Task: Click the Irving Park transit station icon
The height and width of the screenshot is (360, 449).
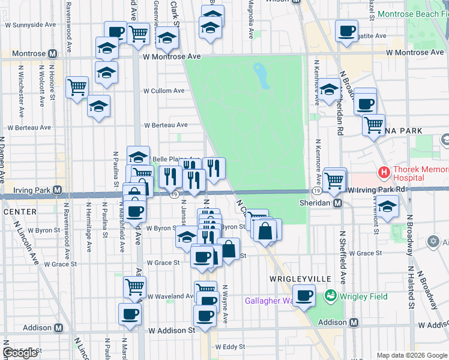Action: pos(57,190)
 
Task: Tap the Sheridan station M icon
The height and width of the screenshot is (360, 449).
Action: pos(337,203)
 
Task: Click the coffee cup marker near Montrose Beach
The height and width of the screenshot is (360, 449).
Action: pos(346,32)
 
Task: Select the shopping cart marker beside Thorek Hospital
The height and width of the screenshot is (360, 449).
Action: pos(334,179)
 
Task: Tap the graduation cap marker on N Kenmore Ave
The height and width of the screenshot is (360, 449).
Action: pos(329,90)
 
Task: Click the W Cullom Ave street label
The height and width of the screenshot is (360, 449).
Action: pos(163,91)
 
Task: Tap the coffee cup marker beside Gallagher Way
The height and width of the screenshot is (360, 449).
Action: pos(304,295)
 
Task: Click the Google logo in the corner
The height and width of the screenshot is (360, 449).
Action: pos(20,353)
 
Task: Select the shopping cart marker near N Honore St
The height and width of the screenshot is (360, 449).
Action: pos(77,88)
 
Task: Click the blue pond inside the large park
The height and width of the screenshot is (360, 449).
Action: pos(262,74)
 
